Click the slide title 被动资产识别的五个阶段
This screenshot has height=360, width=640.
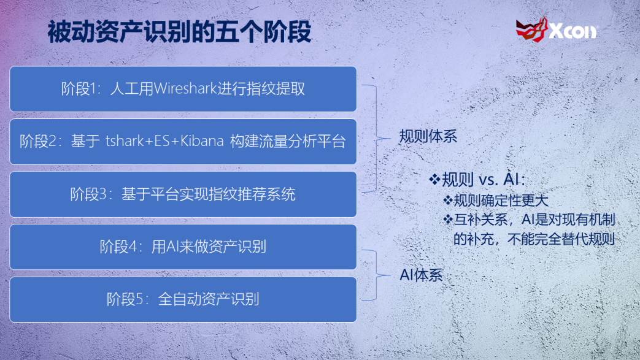[180, 32]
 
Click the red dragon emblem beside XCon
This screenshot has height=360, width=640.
[531, 29]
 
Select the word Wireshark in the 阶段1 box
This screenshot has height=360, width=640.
[185, 88]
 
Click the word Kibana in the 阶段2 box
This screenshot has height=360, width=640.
[202, 141]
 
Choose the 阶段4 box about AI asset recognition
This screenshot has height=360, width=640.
[183, 247]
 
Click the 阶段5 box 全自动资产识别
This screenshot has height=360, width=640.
[183, 299]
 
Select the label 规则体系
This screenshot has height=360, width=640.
[428, 136]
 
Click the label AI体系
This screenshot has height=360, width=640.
[421, 275]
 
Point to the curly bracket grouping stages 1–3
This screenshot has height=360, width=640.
[376, 139]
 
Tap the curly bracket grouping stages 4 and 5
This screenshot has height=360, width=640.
[376, 275]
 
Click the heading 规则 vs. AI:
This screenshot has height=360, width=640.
[484, 180]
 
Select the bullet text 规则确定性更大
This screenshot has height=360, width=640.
[501, 201]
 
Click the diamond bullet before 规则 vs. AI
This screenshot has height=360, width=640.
[434, 179]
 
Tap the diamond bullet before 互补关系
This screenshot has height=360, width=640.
[448, 220]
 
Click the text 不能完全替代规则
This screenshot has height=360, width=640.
[561, 239]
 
